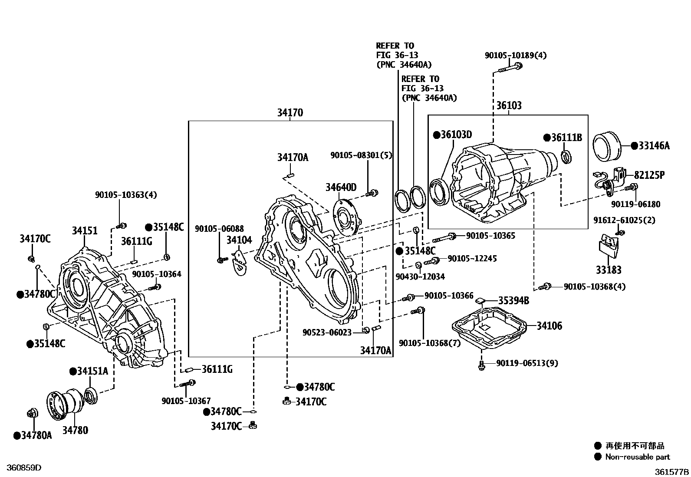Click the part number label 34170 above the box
coord(290,113)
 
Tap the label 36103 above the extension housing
coord(509,105)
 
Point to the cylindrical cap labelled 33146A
coord(608,145)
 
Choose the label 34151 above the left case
coord(85,231)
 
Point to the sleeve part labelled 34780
coord(65,405)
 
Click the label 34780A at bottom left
coord(36,435)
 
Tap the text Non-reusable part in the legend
coord(638,457)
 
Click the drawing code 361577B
coord(671,471)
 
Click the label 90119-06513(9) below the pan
coord(527,363)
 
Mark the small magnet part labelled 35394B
coord(480,300)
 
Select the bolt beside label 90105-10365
coord(444,237)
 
